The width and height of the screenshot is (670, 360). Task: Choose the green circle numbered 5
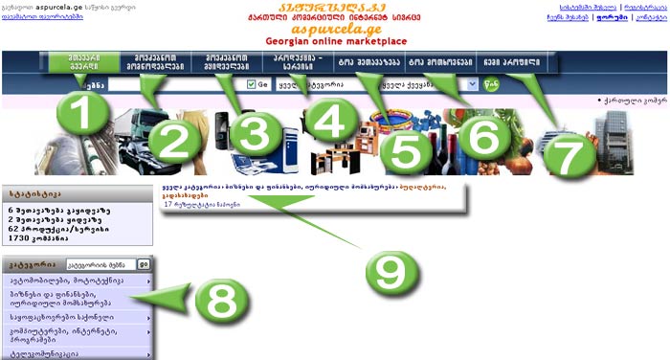click(407, 145)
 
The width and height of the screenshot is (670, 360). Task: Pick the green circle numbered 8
click(220, 305)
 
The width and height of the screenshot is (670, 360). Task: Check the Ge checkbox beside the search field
click(251, 84)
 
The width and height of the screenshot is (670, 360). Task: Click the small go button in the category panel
click(143, 262)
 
